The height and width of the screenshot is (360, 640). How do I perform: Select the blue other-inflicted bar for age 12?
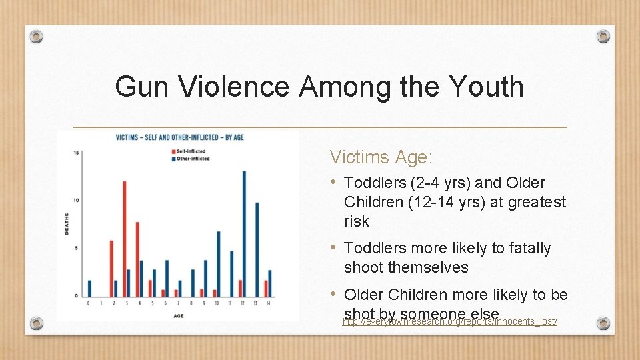(244, 233)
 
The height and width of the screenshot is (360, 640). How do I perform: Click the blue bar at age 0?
(89, 288)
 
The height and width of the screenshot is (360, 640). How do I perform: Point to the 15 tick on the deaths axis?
(77, 153)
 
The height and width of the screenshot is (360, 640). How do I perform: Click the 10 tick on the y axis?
(77, 200)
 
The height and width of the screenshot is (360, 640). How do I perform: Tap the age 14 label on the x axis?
(268, 303)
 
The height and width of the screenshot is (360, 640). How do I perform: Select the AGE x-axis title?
(179, 314)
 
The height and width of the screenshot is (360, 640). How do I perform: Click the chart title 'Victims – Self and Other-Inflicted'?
(180, 137)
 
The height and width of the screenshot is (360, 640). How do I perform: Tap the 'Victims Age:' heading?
(381, 158)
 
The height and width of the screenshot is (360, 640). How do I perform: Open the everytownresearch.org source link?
(450, 322)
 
